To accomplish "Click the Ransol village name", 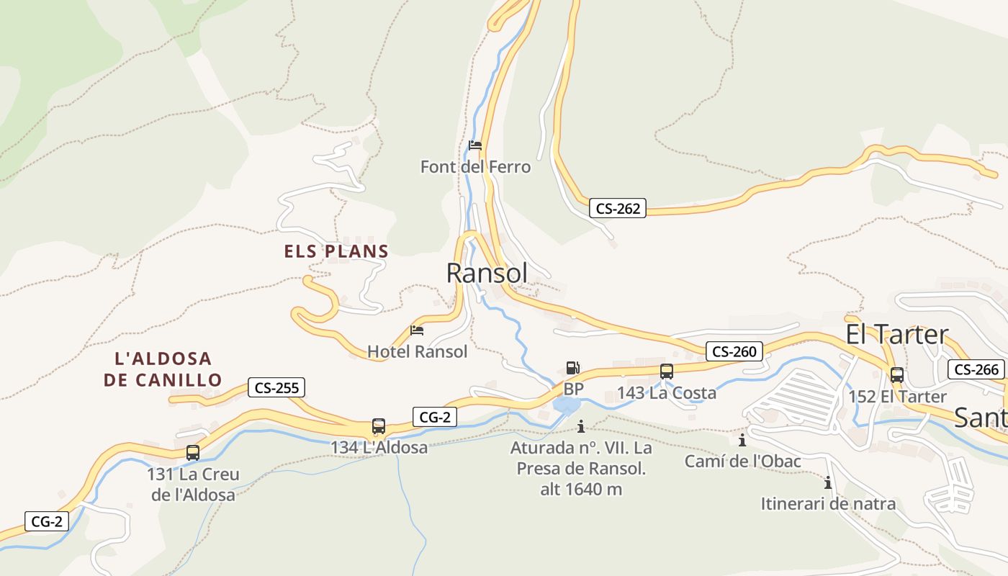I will tap(487, 274).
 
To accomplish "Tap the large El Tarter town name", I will tap(897, 335).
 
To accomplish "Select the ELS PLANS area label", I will tap(336, 251).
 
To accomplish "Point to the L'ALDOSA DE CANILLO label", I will tap(163, 369).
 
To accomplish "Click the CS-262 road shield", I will tap(618, 209).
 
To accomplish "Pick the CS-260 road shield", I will tap(734, 351).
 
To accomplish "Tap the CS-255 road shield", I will tap(277, 387).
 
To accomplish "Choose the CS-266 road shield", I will tap(976, 370).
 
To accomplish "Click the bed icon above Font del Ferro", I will tap(474, 145).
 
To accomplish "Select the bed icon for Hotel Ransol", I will tap(417, 331).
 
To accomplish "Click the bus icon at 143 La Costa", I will tap(667, 372).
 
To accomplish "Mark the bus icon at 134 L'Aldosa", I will tap(379, 426).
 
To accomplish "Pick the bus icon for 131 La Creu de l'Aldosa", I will tap(192, 453).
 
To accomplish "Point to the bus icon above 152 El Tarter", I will tap(897, 374).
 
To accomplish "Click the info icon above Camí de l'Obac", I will tap(742, 439).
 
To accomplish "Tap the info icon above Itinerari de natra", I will tap(828, 482).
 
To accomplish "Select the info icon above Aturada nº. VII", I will tap(581, 426).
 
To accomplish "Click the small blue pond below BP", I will tap(566, 405).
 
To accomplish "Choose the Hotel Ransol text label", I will tap(418, 351).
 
